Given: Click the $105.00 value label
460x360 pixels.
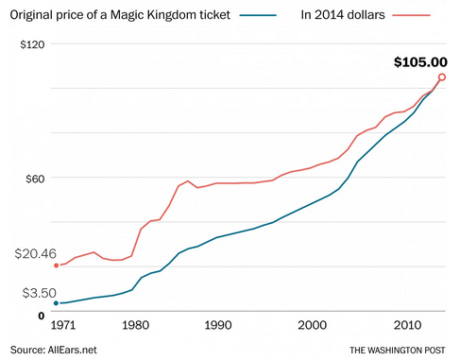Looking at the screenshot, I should (x=420, y=62).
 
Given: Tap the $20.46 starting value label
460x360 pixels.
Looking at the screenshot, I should (x=36, y=254).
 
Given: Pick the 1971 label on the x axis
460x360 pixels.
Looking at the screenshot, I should (x=63, y=326).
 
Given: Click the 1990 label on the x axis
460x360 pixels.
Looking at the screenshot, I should (x=218, y=326).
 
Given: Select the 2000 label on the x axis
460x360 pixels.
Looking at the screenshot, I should (x=313, y=326).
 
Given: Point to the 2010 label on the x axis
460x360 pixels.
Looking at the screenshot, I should (x=407, y=326).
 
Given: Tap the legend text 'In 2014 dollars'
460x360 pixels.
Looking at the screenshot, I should (x=346, y=15).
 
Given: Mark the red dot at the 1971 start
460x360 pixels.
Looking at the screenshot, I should (x=56, y=266).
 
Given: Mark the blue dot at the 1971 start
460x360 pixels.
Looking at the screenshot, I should (x=56, y=303).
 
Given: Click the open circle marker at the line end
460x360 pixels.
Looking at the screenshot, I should (x=442, y=77).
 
